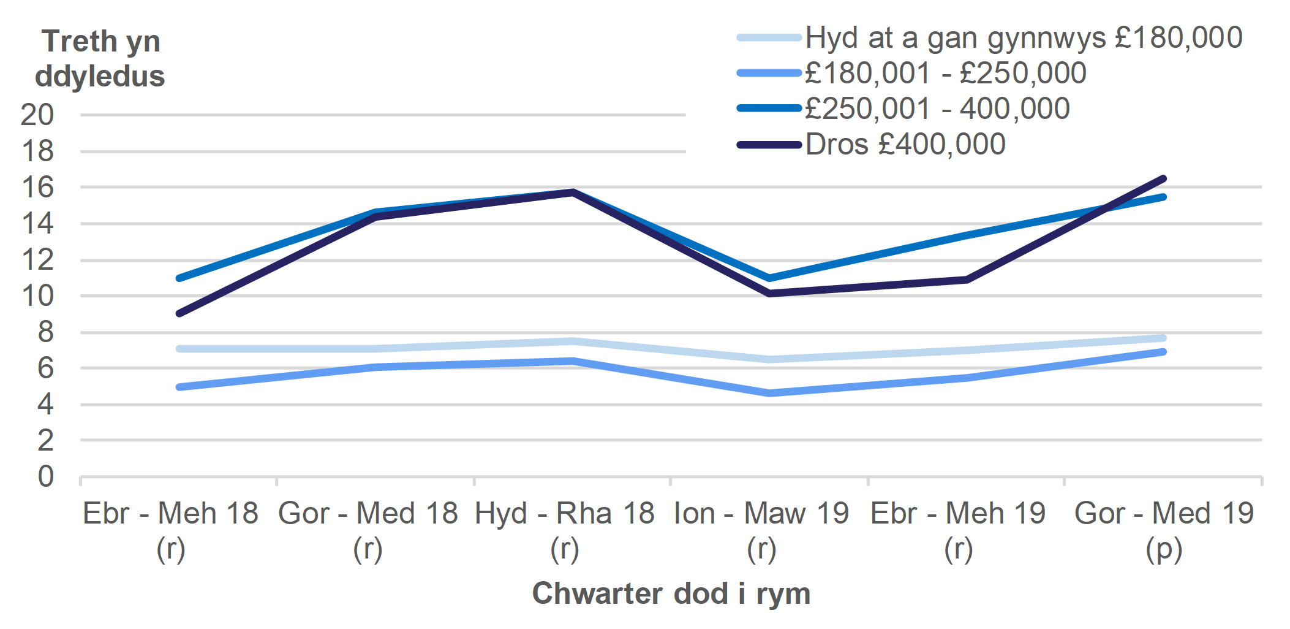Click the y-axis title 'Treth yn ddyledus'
(100, 59)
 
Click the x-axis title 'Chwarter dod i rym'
(671, 593)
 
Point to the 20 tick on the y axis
(37, 115)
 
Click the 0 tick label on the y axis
(46, 476)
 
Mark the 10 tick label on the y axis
(37, 296)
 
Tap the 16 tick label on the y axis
(37, 188)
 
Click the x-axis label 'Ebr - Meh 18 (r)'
(171, 530)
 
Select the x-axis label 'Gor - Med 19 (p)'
(1164, 530)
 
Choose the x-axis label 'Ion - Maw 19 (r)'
(761, 530)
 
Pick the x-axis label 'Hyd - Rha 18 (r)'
(565, 530)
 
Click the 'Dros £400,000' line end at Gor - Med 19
(1163, 179)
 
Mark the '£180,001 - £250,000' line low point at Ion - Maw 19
(769, 393)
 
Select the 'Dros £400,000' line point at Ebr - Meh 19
(966, 280)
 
